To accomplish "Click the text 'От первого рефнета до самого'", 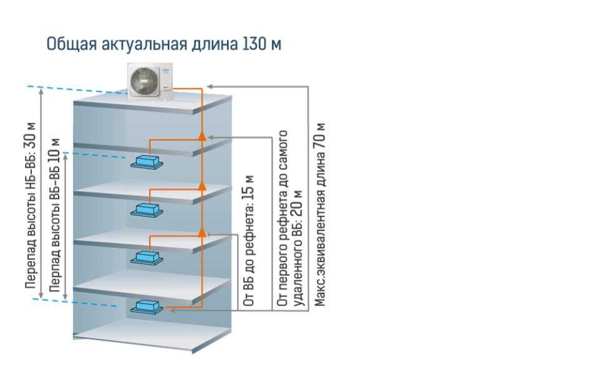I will (x=283, y=218).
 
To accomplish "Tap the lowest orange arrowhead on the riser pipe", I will (x=201, y=232).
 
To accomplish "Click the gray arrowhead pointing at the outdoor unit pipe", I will (x=210, y=85).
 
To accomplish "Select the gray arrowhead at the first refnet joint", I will (x=210, y=136).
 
